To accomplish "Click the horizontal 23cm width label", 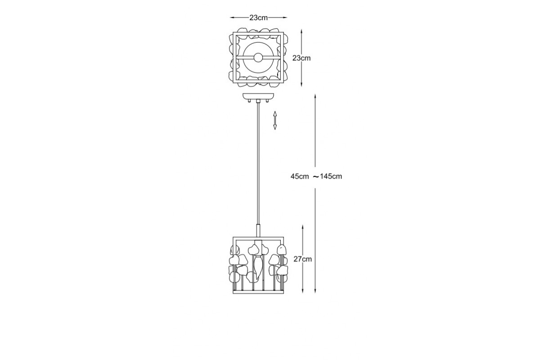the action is point(258,18).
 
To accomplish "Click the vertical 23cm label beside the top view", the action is point(301,58).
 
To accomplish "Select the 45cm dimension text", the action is point(300,176).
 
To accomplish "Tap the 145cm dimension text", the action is point(331,176).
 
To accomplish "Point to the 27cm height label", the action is point(302,259).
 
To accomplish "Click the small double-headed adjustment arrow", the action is point(275,121).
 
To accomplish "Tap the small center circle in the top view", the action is point(258,58).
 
